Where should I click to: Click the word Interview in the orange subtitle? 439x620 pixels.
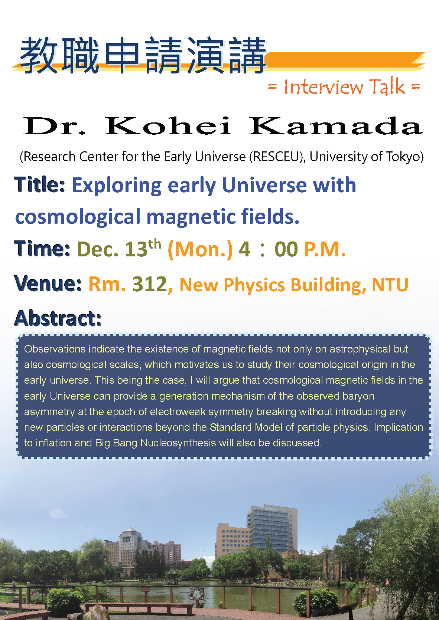click(324, 86)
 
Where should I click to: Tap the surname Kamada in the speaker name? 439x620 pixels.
click(336, 126)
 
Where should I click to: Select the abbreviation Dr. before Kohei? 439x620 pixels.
click(54, 126)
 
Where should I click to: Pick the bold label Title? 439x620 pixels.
click(39, 185)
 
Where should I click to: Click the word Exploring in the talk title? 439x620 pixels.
click(117, 186)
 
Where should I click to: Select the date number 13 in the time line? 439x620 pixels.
click(136, 249)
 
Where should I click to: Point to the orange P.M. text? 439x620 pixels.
click(325, 249)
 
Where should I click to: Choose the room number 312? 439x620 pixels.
click(150, 284)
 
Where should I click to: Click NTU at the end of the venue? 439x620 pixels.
click(390, 285)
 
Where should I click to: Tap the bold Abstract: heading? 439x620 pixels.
click(58, 318)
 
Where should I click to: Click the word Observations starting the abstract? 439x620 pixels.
click(55, 349)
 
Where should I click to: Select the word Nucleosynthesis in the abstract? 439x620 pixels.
click(178, 443)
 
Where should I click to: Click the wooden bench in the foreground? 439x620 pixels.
click(139, 608)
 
